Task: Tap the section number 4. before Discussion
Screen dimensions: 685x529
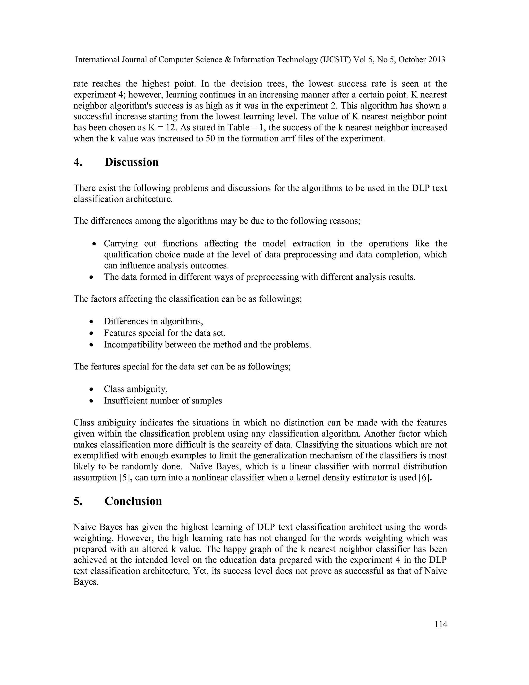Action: point(78,162)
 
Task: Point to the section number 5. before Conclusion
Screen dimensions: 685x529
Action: point(78,501)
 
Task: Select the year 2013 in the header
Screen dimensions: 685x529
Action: point(436,60)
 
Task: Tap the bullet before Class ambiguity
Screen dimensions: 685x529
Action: point(91,390)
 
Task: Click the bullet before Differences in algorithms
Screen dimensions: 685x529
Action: point(91,322)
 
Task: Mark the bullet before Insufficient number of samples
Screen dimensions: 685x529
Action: point(91,401)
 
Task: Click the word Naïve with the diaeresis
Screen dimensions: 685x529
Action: point(201,467)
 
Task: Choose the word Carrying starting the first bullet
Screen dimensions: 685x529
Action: point(121,244)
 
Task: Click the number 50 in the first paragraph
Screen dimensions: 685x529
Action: point(210,139)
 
